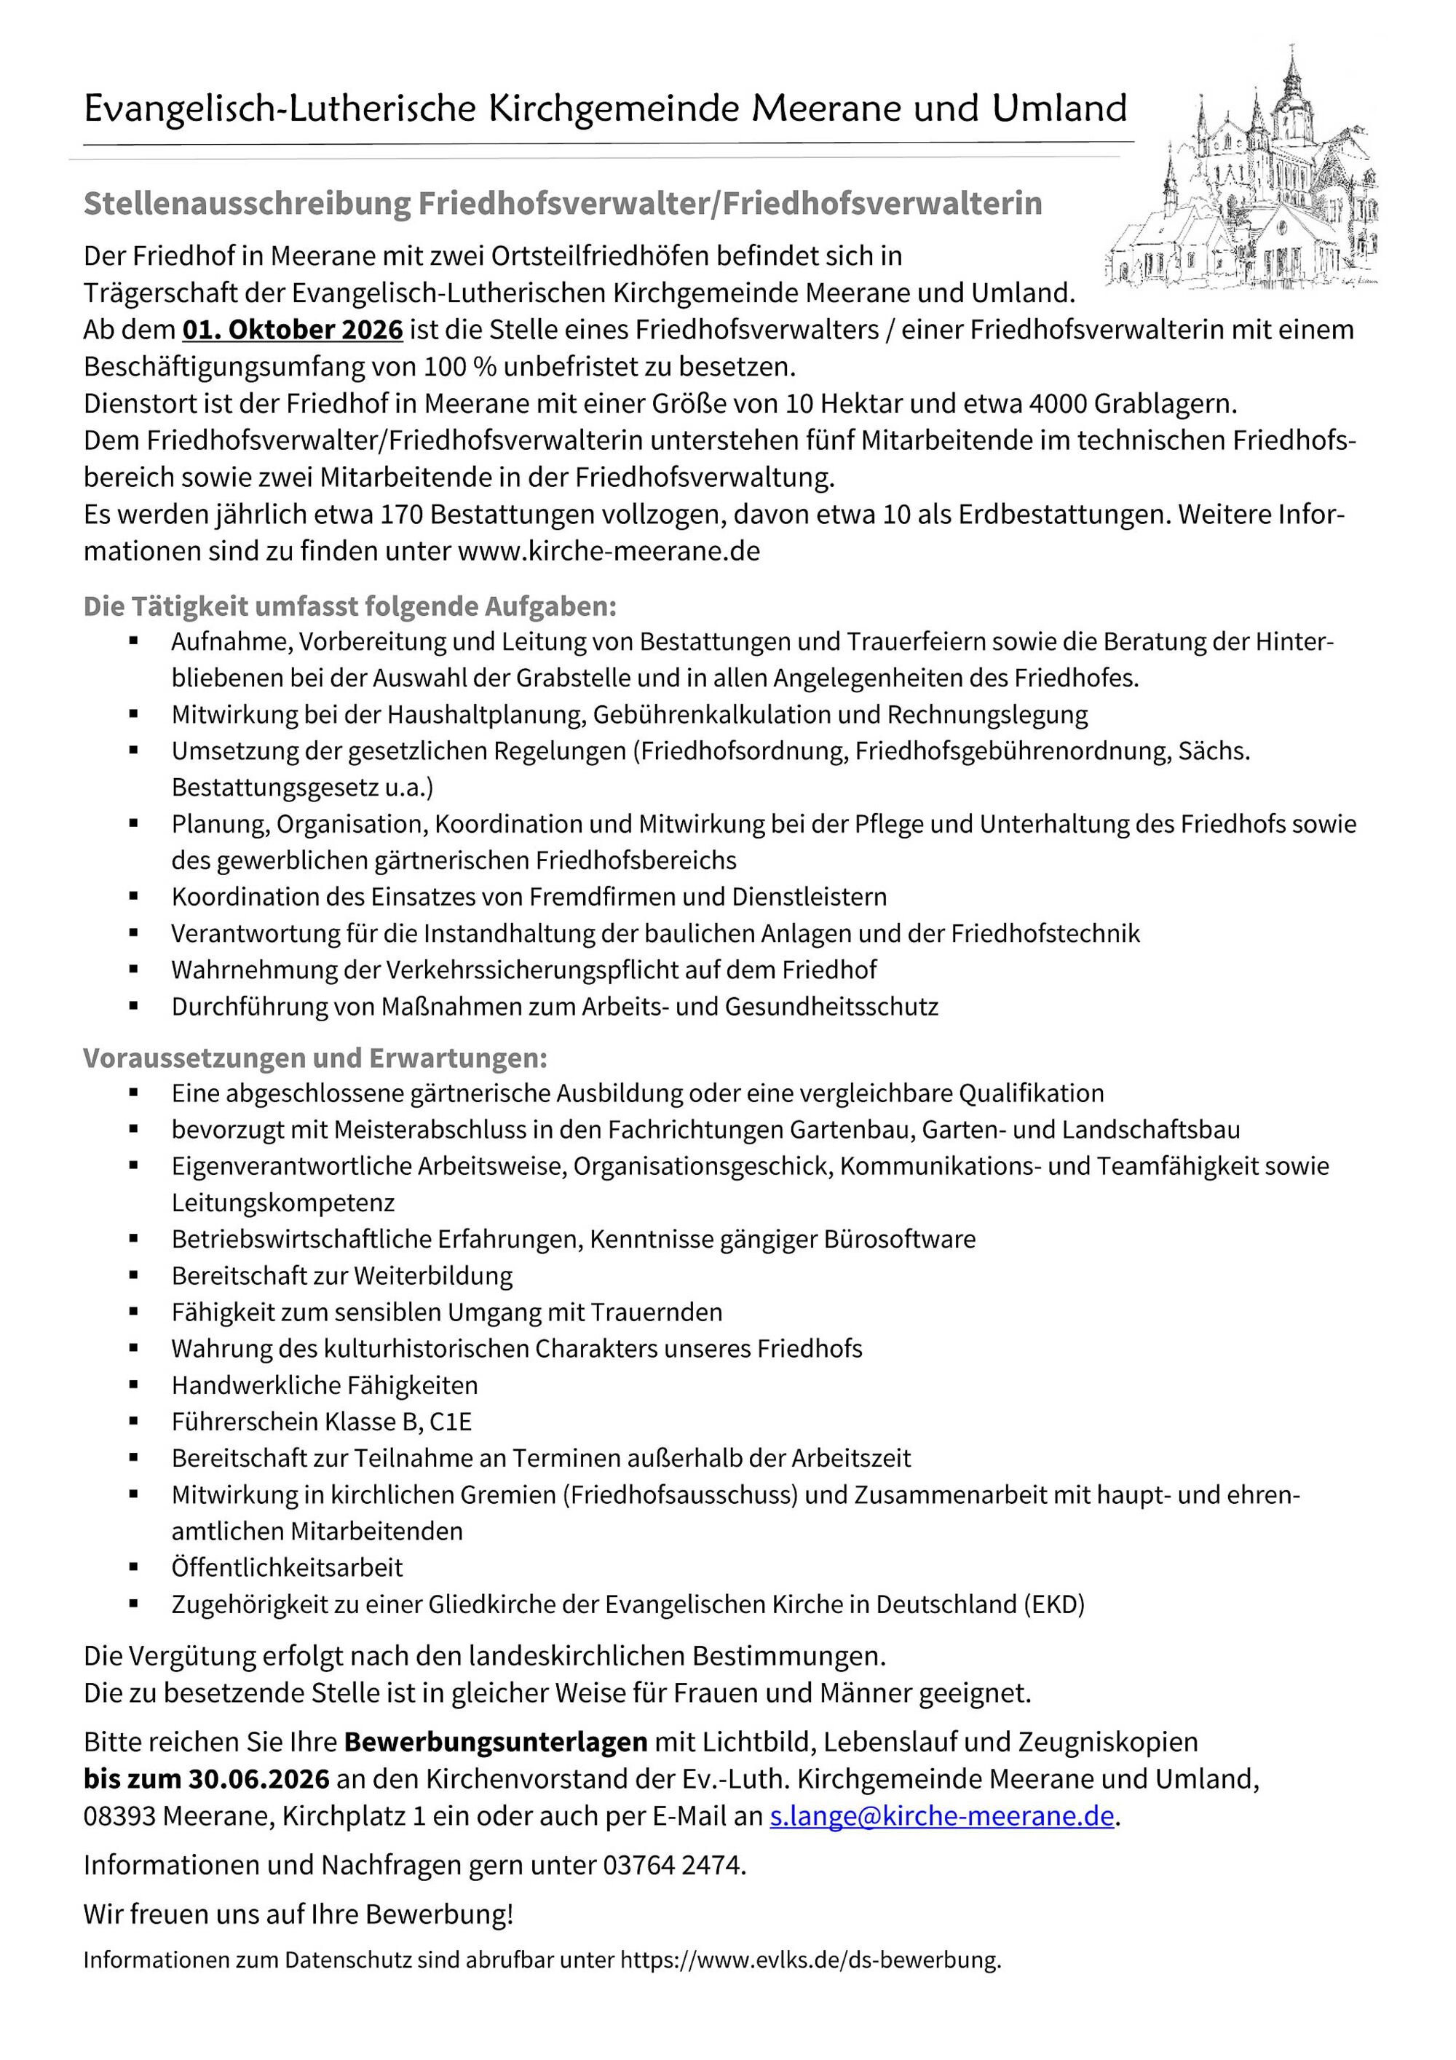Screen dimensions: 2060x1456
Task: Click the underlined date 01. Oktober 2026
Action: click(293, 330)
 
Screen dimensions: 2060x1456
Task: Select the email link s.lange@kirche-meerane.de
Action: click(941, 1816)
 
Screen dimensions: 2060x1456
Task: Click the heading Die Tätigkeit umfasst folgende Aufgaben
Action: click(350, 606)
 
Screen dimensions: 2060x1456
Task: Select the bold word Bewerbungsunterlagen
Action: click(495, 1741)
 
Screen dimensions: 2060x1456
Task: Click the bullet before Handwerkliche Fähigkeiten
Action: click(134, 1385)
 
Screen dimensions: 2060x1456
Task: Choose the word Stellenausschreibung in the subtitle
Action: click(247, 204)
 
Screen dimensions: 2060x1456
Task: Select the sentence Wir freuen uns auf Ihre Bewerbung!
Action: click(298, 1914)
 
